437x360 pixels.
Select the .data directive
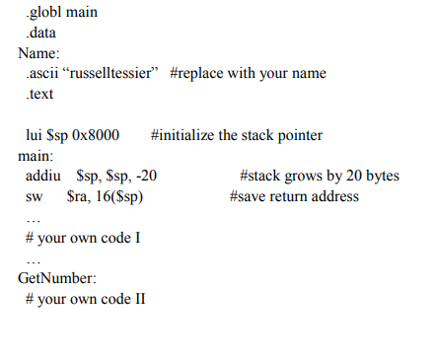(40, 33)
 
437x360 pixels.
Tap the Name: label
(38, 53)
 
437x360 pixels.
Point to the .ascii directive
(43, 73)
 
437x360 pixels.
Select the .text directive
(40, 94)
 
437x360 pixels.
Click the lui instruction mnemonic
(33, 135)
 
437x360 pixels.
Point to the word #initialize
(184, 135)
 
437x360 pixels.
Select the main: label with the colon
(36, 155)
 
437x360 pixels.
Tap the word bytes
(380, 176)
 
